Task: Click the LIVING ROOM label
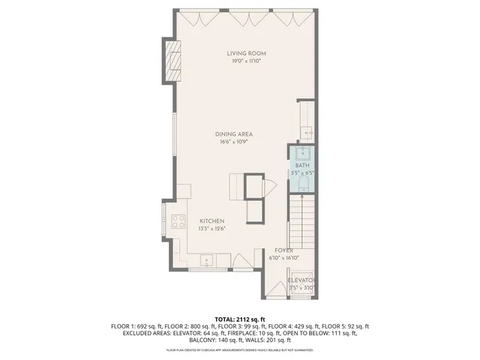coord(247,53)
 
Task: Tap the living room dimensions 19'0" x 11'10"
coord(247,61)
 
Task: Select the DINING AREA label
coord(234,133)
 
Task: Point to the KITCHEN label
coord(212,220)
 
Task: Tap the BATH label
coord(301,165)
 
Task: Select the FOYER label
coord(283,250)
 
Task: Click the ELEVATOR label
coord(301,280)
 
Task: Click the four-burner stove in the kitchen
coord(179,220)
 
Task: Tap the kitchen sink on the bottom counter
coord(205,261)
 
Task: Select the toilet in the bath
coord(304,184)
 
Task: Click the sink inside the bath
coord(304,154)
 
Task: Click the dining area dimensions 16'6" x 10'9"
coord(234,141)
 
